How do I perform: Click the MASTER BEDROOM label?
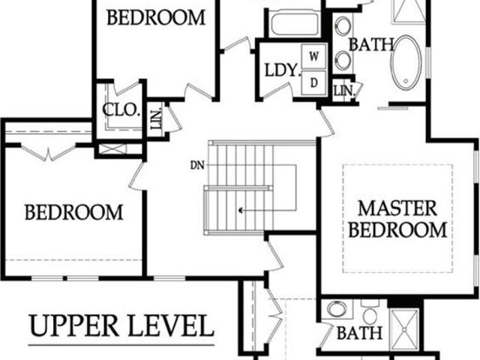pos(397,219)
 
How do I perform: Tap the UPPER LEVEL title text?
pos(121,325)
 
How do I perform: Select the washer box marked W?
pos(313,56)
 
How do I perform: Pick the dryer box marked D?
pos(313,82)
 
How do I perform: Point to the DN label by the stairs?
pos(197,166)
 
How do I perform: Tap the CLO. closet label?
pos(121,110)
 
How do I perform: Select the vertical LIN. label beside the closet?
pos(156,118)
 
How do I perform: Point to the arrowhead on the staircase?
pos(241,210)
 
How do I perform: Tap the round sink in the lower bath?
pos(337,308)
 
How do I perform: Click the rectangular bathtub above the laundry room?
pos(294,24)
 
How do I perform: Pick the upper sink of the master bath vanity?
pos(343,26)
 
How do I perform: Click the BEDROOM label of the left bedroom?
pos(73,212)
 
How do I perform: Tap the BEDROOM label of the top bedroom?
pos(156,17)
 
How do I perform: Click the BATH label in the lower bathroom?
pos(359,333)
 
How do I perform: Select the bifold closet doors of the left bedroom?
pos(48,153)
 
